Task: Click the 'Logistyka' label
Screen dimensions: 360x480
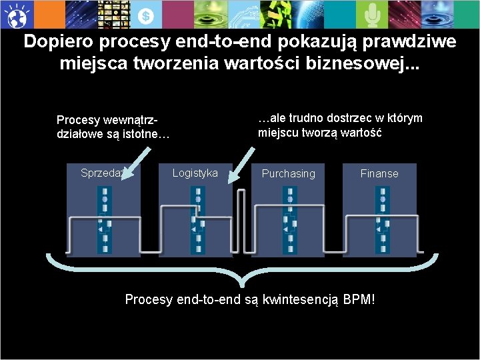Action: [x=195, y=173]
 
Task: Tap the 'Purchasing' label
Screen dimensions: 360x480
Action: [x=288, y=174]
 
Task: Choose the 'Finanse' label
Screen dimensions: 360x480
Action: [x=379, y=174]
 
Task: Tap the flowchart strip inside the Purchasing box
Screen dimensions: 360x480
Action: [x=289, y=220]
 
